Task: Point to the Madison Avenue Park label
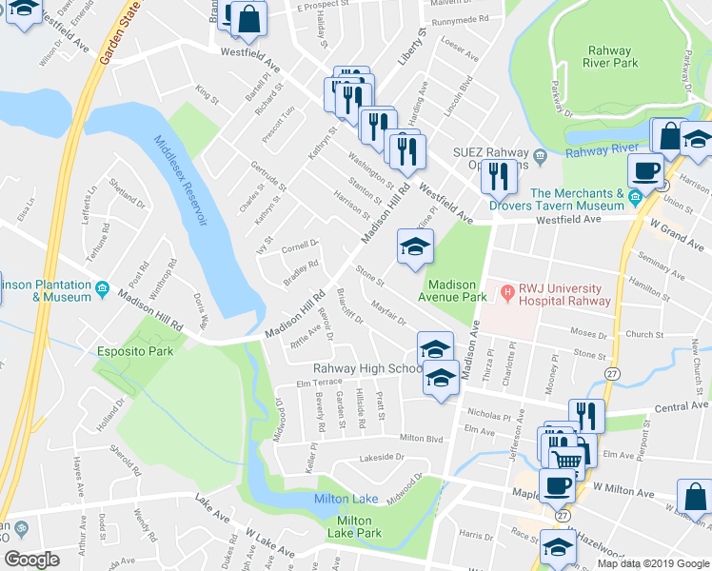(465, 290)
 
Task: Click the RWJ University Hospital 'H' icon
(509, 291)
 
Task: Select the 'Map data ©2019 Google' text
(652, 563)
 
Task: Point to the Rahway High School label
(368, 369)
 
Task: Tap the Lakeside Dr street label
(381, 458)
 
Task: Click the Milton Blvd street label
(422, 438)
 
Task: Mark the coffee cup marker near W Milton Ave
(557, 485)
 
